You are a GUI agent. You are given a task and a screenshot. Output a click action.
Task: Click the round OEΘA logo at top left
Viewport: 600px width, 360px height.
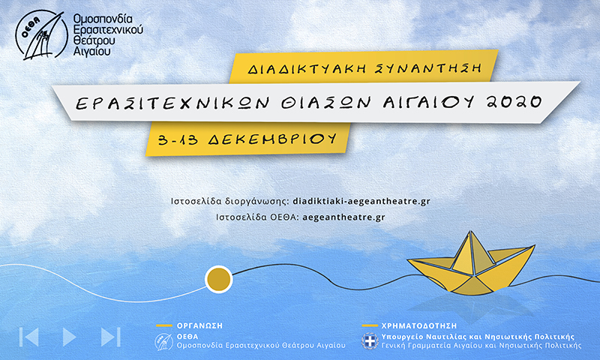(x=41, y=35)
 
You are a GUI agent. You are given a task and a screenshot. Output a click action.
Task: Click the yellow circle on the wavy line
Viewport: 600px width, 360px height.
(x=218, y=279)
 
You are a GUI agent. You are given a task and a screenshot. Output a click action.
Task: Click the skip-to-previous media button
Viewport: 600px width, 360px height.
(x=28, y=337)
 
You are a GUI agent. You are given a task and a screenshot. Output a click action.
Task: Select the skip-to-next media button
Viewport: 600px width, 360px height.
(x=110, y=337)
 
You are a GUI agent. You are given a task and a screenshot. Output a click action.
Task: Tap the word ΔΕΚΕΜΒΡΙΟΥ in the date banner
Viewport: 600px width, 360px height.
(x=272, y=139)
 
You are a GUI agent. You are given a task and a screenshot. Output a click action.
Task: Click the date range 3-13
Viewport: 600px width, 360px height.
(x=178, y=139)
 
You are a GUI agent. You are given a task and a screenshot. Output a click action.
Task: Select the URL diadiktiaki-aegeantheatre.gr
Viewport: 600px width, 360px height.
(x=361, y=201)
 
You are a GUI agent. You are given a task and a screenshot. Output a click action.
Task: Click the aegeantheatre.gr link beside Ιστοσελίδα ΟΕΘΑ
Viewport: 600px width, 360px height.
(x=343, y=217)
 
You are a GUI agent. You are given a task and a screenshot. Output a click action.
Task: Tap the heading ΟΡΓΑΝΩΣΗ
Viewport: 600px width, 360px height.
(x=199, y=326)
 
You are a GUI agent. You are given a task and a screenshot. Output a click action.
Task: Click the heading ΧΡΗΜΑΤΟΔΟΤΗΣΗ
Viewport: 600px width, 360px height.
(x=419, y=326)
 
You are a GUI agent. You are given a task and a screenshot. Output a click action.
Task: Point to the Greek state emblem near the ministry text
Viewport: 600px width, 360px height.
(x=370, y=341)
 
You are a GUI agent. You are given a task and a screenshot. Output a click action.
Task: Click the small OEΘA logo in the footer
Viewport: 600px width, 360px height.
(x=163, y=342)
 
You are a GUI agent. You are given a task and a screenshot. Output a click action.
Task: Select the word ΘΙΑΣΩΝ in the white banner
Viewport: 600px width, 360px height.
(x=326, y=102)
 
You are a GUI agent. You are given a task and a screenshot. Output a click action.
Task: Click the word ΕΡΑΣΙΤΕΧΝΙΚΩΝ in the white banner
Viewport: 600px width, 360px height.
(x=172, y=103)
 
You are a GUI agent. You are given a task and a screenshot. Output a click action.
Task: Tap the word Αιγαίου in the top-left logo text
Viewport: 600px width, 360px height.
(x=91, y=51)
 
